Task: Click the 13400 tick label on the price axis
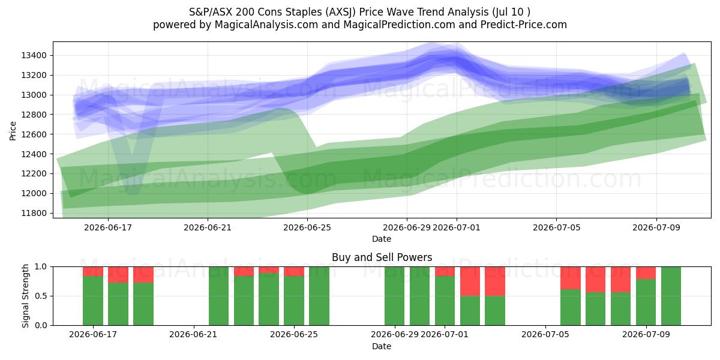point(34,56)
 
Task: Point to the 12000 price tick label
point(34,193)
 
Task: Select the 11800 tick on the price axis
point(34,213)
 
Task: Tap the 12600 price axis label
point(34,134)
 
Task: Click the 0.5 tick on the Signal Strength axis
point(41,296)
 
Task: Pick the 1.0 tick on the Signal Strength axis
point(41,267)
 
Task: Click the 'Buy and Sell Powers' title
point(382,257)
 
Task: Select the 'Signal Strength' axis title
point(25,296)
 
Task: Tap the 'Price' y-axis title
point(13,131)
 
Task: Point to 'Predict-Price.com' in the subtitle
point(524,25)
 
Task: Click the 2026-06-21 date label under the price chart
point(208,227)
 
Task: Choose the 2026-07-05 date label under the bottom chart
point(545,335)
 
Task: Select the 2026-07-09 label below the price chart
point(656,227)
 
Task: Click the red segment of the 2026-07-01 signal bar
point(445,271)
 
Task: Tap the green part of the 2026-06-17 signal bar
point(93,301)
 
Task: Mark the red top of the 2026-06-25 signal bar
point(294,271)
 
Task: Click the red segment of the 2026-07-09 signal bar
point(646,273)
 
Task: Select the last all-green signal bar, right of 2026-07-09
point(671,296)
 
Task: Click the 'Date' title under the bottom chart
point(382,347)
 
